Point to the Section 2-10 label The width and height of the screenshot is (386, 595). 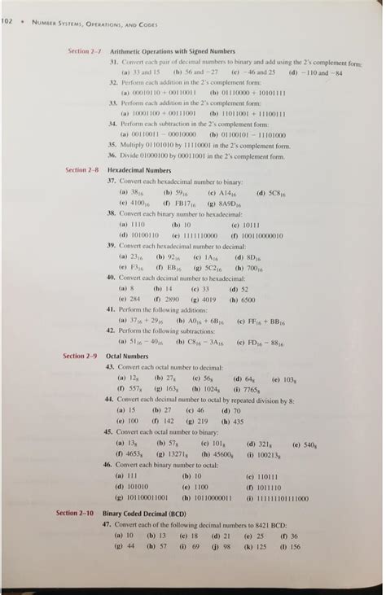77,514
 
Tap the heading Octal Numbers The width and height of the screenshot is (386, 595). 127,357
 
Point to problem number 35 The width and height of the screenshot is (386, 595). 113,141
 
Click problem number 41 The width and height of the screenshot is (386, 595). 112,310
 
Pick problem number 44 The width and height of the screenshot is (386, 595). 112,400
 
